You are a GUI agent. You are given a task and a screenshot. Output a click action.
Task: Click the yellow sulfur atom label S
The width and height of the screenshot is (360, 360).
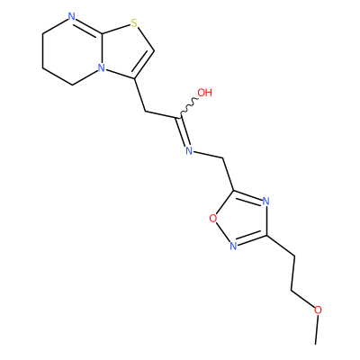(x=134, y=22)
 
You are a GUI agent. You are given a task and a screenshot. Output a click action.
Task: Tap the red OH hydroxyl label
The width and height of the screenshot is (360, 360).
(x=205, y=93)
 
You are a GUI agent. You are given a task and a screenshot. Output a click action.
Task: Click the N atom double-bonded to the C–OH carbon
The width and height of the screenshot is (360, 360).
(x=189, y=150)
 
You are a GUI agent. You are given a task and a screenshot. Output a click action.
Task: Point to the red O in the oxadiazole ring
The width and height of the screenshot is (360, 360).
(x=213, y=219)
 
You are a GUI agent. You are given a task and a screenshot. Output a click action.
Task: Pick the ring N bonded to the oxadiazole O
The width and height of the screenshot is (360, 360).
(x=233, y=246)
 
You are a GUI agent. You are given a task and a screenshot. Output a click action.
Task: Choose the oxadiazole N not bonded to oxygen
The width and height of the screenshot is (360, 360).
(x=265, y=202)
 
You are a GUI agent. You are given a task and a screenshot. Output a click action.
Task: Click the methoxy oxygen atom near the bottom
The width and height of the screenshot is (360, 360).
(x=318, y=310)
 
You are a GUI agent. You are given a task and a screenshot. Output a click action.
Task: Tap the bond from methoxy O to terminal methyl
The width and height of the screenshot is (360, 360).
(x=317, y=329)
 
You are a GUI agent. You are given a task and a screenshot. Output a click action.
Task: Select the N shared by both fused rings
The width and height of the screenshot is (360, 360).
(x=102, y=68)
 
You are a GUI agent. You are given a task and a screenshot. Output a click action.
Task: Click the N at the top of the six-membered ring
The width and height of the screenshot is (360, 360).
(x=71, y=16)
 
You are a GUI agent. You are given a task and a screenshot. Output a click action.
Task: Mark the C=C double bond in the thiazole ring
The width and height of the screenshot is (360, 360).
(x=144, y=65)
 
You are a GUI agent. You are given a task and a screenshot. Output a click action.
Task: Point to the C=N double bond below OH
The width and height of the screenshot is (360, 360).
(x=184, y=131)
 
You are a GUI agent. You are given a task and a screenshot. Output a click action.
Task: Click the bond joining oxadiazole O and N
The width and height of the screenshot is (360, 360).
(x=222, y=231)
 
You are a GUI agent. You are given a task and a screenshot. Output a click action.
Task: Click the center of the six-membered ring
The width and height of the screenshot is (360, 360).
(x=73, y=51)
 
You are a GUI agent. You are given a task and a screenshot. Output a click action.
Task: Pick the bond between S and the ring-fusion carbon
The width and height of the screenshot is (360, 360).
(x=116, y=29)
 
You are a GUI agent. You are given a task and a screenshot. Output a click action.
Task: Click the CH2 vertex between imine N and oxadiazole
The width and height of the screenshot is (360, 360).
(x=223, y=157)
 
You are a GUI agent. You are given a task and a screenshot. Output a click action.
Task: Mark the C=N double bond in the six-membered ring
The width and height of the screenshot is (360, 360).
(x=88, y=26)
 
